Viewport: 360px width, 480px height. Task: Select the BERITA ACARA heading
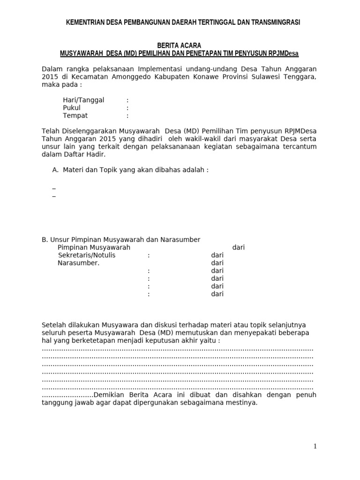coord(180,45)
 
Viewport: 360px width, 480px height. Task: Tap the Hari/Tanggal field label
coord(83,100)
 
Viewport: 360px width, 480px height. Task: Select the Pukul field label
coord(72,108)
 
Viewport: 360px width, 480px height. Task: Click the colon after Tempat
coord(127,116)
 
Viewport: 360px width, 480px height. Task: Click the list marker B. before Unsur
coord(45,240)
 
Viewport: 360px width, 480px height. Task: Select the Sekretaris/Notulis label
coord(87,255)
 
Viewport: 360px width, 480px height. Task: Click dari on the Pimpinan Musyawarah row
coord(239,247)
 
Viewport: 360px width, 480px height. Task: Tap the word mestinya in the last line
coord(243,403)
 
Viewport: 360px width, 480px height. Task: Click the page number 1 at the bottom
coord(315,447)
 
